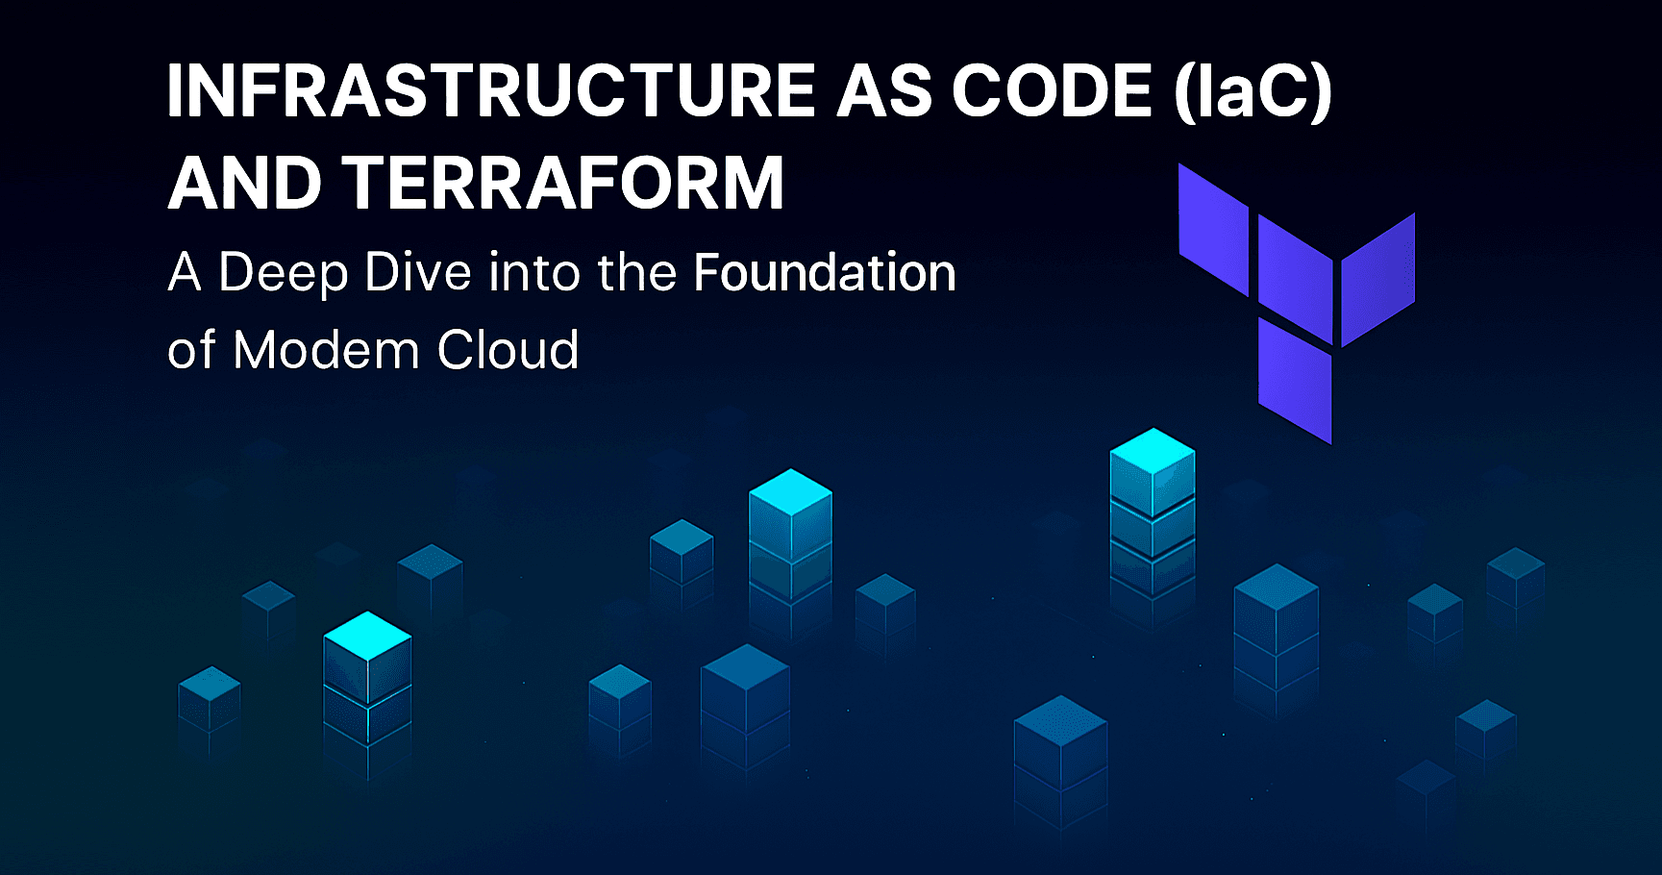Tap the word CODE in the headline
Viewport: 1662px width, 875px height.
tap(1052, 91)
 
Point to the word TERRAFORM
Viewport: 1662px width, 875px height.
tap(563, 183)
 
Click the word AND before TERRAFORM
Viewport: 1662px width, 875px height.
tap(245, 183)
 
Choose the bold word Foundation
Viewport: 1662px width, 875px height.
tap(825, 272)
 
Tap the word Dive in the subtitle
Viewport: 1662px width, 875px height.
tap(418, 272)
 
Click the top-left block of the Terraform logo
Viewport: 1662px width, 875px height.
tap(1213, 230)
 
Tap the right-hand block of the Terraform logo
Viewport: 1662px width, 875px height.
tap(1377, 280)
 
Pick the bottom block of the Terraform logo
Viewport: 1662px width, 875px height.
tap(1295, 381)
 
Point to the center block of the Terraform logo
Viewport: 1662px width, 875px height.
tap(1295, 280)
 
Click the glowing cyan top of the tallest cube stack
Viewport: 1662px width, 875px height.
tap(1153, 450)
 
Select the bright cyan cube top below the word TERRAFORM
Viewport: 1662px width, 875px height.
tap(790, 492)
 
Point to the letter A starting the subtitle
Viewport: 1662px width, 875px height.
tap(185, 272)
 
